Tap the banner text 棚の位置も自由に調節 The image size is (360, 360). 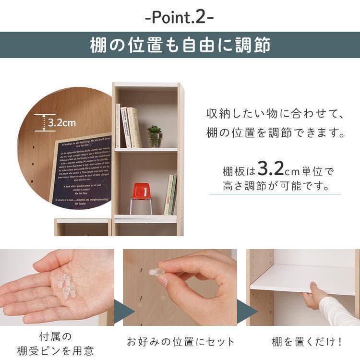180,45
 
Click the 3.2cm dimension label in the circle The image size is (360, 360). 62,123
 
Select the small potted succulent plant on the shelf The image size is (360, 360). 155,136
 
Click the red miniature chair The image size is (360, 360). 141,192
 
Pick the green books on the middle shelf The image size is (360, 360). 170,194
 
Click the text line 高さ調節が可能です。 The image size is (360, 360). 276,186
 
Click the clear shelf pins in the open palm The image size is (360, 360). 66,286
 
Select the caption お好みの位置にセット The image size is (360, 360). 180,342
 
